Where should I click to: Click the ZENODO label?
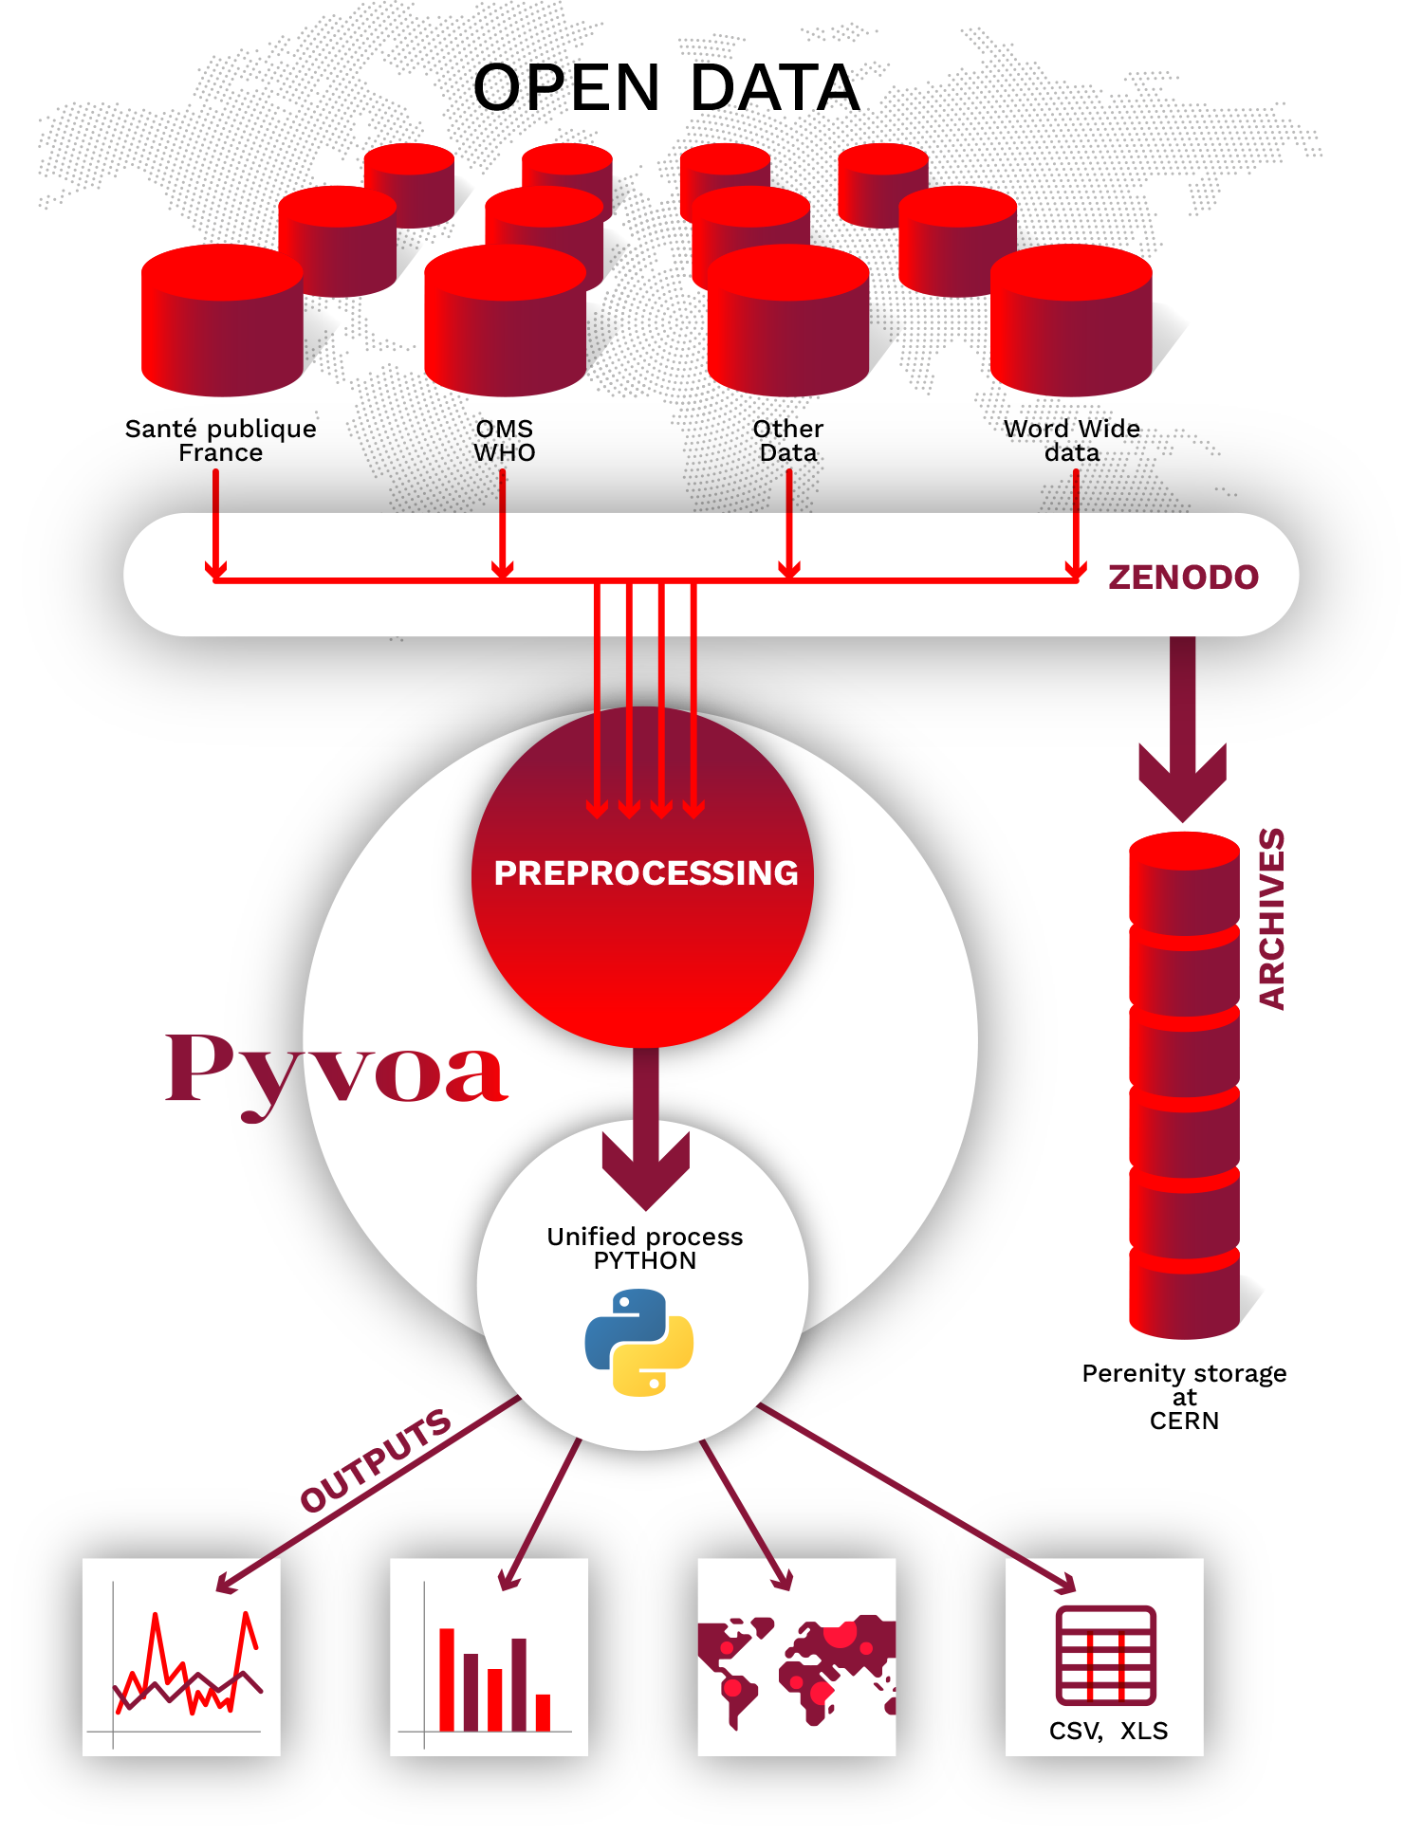[x=1183, y=577]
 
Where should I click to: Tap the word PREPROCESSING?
[x=646, y=872]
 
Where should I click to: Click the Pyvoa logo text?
[x=337, y=1072]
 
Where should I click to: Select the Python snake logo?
[x=639, y=1342]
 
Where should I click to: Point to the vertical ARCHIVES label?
[x=1271, y=918]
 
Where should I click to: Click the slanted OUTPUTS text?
[x=376, y=1459]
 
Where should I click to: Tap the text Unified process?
[x=645, y=1237]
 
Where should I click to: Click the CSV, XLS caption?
[x=1108, y=1731]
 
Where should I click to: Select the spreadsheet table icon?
[x=1106, y=1655]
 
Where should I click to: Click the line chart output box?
[x=181, y=1657]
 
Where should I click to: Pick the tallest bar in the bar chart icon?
[x=447, y=1678]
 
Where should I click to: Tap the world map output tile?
[x=796, y=1657]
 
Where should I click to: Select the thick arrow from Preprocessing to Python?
[x=646, y=1128]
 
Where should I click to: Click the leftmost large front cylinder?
[x=222, y=322]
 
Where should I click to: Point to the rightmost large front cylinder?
[x=1071, y=322]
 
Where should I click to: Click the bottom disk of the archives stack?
[x=1184, y=1299]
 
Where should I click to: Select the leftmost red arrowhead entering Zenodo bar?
[x=216, y=568]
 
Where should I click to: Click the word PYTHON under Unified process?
[x=645, y=1260]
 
